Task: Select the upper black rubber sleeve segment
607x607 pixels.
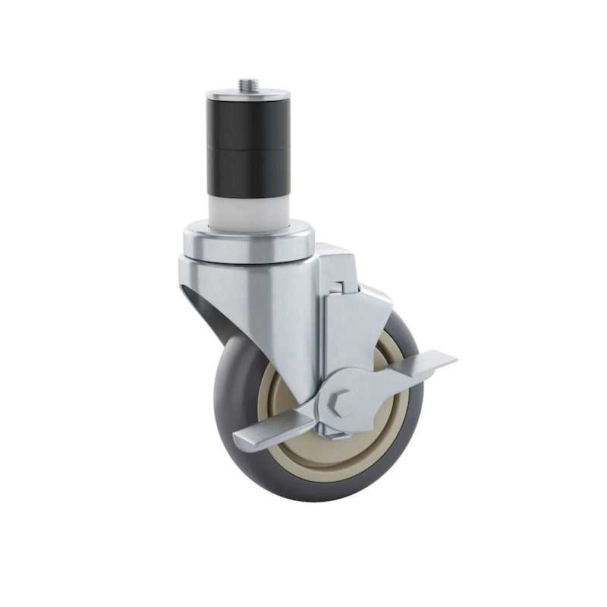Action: [248, 123]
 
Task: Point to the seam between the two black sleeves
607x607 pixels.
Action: [248, 149]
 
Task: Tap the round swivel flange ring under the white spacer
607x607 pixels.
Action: [247, 241]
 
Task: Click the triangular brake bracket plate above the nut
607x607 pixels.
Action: [357, 334]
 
